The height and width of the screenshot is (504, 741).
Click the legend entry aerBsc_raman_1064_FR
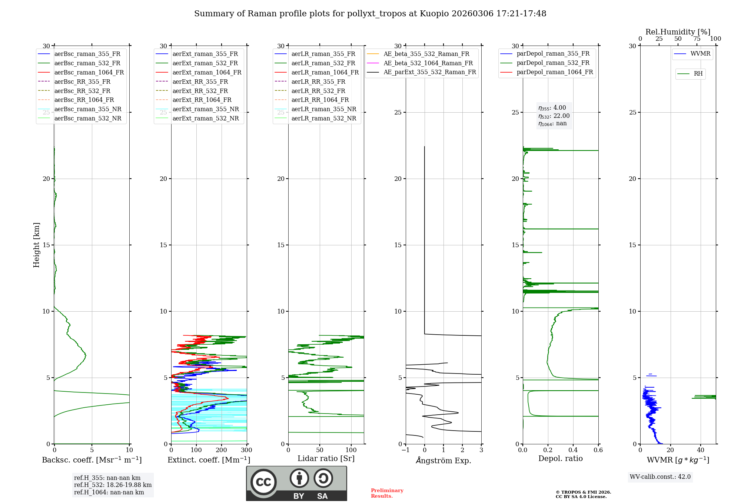[89, 73]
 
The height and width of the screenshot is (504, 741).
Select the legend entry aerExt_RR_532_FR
[200, 91]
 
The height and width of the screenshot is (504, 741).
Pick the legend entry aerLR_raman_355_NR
[323, 109]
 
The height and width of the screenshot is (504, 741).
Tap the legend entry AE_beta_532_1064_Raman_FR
[428, 63]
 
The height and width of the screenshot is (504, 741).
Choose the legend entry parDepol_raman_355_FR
[553, 54]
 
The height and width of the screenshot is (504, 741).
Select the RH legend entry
[698, 74]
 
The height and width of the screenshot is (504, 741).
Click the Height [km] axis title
[36, 245]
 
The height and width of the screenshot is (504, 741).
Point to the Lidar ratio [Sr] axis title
[326, 459]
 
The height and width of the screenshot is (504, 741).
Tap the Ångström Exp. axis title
[443, 461]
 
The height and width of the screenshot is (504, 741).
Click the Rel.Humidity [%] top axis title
[678, 32]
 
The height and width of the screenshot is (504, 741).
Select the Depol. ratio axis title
[560, 459]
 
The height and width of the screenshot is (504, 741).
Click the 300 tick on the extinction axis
[246, 450]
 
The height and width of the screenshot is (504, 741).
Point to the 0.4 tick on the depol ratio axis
[573, 450]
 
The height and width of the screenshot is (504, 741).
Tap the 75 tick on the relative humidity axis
[697, 39]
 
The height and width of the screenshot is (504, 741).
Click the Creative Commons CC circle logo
[263, 482]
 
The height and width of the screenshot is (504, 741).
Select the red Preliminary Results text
[387, 493]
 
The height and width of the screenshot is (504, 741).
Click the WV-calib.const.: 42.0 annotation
[660, 477]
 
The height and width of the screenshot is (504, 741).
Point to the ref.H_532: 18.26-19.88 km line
[113, 485]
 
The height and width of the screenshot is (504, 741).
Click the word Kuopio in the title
[432, 14]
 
